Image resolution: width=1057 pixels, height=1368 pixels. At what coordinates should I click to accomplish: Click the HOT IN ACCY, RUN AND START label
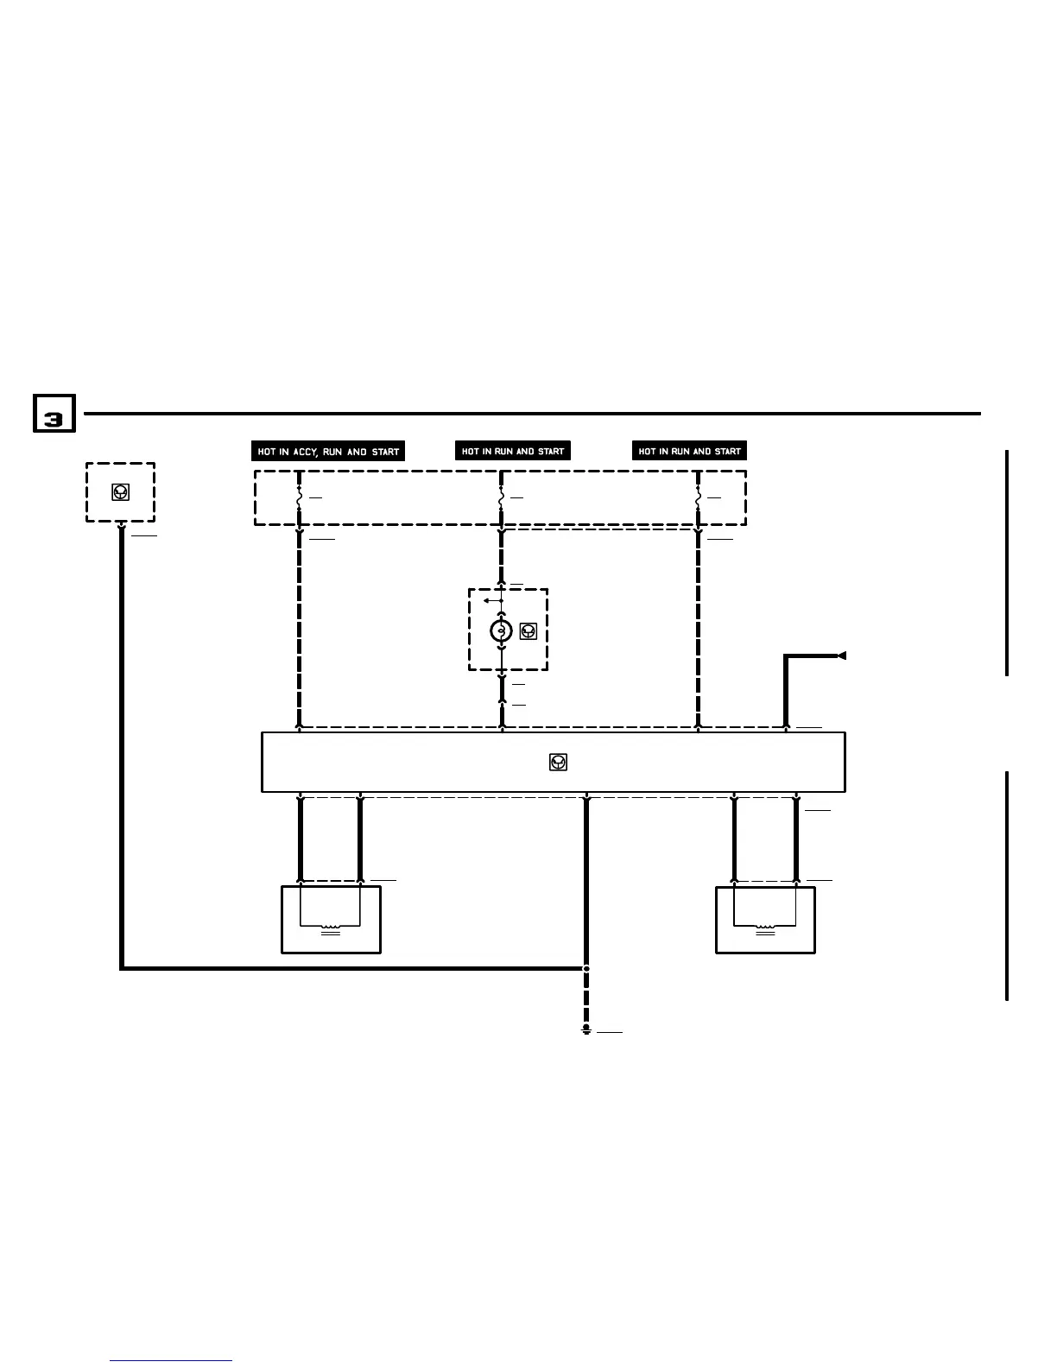tap(328, 451)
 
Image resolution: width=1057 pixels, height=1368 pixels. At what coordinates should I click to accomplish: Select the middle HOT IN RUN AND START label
tap(513, 451)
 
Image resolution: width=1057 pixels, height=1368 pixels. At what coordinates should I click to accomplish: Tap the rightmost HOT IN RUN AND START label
tap(689, 451)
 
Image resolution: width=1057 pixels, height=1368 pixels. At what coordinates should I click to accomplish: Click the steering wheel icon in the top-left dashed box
tap(121, 492)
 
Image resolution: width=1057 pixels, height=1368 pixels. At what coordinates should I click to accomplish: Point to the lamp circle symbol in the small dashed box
tap(501, 631)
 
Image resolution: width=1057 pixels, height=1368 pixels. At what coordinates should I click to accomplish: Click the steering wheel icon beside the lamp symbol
tap(528, 631)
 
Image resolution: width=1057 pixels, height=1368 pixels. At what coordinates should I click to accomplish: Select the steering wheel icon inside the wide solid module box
tap(558, 762)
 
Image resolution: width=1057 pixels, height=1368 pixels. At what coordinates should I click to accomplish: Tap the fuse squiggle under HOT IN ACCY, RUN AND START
tap(299, 499)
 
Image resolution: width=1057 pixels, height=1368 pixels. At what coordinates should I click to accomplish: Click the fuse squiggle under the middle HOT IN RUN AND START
tap(501, 499)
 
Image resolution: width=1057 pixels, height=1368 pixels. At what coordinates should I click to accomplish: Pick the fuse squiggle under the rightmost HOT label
tap(698, 499)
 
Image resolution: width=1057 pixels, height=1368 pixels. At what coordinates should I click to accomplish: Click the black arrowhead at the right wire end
tap(841, 656)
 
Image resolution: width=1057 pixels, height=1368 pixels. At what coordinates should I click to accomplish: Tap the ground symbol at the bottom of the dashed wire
tap(586, 1029)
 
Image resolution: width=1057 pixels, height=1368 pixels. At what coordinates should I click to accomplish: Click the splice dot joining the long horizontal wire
tap(586, 968)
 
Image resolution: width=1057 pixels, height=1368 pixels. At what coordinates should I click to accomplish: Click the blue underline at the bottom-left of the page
tap(171, 1360)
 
